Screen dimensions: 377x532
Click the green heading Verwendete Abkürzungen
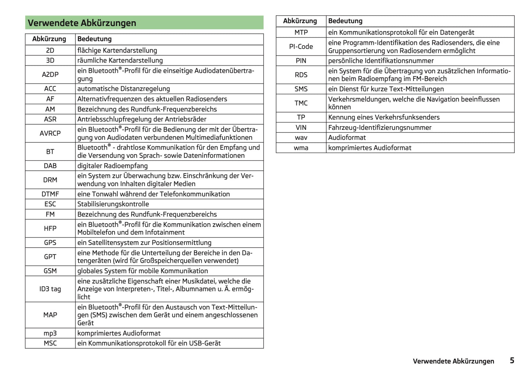pos(82,23)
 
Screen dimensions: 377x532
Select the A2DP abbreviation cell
pos(50,75)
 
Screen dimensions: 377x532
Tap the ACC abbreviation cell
pos(50,89)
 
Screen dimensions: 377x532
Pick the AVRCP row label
pos(50,134)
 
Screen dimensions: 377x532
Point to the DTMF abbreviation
pos(50,194)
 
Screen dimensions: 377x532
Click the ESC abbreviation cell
pos(50,204)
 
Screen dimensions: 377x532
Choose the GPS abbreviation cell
pos(50,243)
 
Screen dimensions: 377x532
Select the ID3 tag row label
pos(50,289)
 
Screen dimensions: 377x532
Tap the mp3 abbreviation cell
pos(50,333)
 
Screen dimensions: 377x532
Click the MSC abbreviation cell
pos(50,343)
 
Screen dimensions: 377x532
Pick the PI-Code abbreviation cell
pos(301,47)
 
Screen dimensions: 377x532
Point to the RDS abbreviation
pos(301,75)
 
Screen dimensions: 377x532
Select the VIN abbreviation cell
pos(301,128)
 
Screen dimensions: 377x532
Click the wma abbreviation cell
pos(301,148)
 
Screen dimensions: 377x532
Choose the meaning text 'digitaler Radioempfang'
pos(112,166)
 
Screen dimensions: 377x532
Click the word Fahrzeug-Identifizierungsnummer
pos(380,128)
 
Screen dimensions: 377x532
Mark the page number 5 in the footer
pos(512,360)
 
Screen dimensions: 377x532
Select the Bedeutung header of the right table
pos(345,21)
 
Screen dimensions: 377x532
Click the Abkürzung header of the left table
pos(49,39)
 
